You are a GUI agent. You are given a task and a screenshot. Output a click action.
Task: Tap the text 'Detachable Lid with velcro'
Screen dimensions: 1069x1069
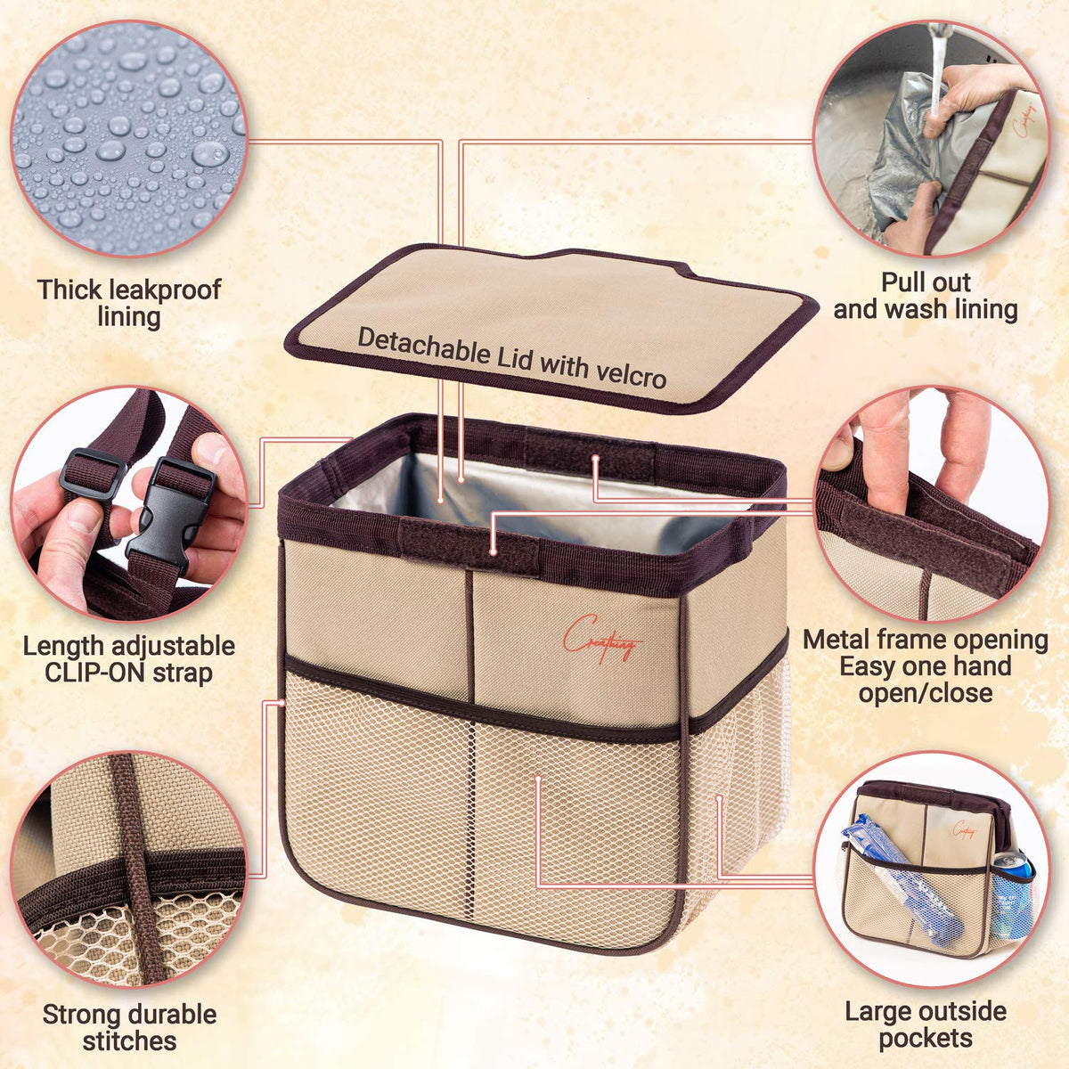(x=512, y=358)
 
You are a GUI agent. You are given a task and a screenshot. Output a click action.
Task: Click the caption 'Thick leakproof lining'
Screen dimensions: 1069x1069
(x=129, y=303)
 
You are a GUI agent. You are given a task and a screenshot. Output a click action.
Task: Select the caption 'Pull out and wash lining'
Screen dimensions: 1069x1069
(x=926, y=297)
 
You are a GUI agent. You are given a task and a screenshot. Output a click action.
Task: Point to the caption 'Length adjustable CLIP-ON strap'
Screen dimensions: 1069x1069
(x=128, y=659)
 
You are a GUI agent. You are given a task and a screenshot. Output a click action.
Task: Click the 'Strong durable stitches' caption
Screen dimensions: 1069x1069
(x=129, y=1027)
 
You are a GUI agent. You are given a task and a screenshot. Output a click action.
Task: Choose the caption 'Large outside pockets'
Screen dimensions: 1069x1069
(x=926, y=1024)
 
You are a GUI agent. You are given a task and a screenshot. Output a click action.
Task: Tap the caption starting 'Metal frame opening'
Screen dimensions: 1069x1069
(x=926, y=666)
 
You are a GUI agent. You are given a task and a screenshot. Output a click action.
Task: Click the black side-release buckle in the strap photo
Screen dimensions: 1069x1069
(x=168, y=513)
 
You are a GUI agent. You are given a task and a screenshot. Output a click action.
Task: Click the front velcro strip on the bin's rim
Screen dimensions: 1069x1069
(x=469, y=546)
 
